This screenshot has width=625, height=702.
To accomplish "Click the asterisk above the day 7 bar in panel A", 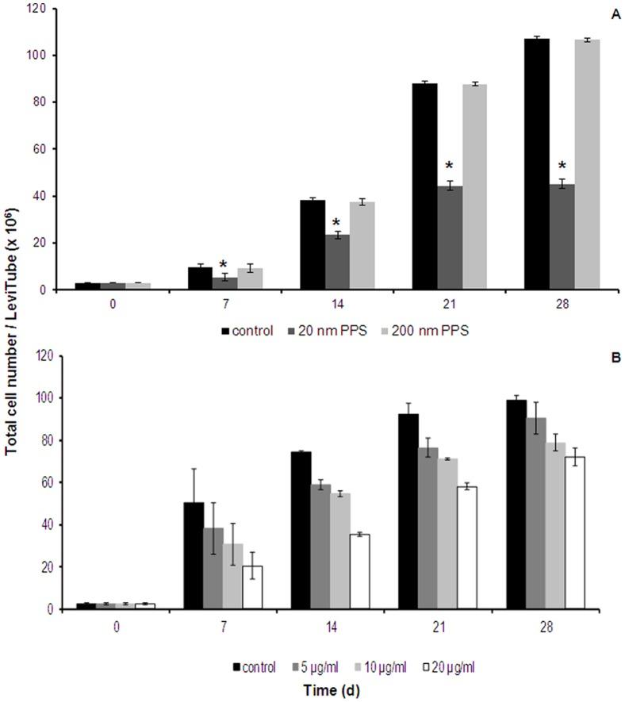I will click(224, 264).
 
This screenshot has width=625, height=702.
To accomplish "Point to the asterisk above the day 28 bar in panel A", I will click(562, 167).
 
